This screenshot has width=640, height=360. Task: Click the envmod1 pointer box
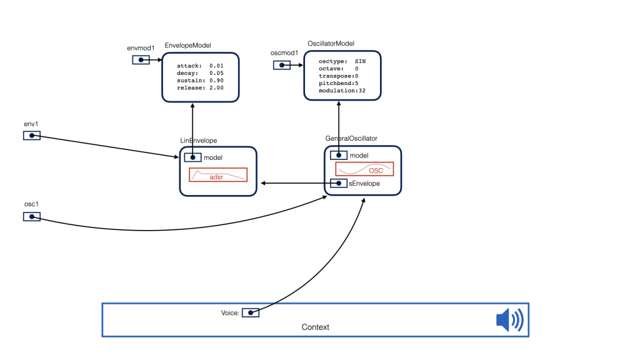[x=141, y=60]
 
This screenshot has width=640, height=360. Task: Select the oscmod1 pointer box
[x=282, y=65]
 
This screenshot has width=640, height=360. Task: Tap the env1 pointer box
[x=32, y=136]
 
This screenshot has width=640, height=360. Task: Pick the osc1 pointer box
[x=32, y=217]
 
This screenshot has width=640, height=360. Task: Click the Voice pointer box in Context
[x=251, y=312]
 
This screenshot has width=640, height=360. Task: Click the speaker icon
[x=510, y=319]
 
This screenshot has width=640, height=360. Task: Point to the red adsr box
[x=218, y=175]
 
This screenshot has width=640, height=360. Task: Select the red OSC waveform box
[x=364, y=169]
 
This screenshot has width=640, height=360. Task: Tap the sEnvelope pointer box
[x=339, y=183]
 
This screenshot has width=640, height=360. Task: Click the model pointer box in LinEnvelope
[x=192, y=157]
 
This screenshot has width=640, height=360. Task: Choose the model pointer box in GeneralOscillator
[x=339, y=155]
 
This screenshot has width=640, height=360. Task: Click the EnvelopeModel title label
[x=187, y=45]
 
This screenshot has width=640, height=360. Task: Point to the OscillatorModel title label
[x=331, y=43]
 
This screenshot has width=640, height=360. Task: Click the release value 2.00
[x=216, y=87]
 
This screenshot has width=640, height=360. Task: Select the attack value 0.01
[x=216, y=66]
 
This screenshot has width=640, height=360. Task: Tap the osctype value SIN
[x=361, y=61]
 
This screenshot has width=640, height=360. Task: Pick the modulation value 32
[x=362, y=91]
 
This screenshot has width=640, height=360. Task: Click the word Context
[x=316, y=327]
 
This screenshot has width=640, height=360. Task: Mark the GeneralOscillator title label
[x=351, y=138]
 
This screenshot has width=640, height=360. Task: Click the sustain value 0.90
[x=216, y=81]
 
